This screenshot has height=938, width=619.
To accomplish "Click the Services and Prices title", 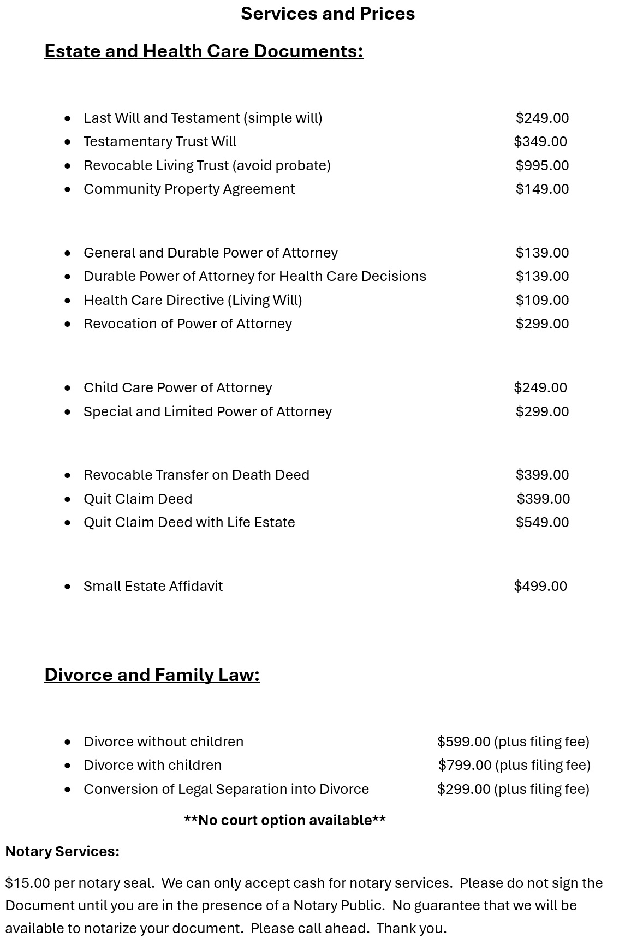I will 328,14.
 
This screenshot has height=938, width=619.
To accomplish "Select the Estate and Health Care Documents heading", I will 204,51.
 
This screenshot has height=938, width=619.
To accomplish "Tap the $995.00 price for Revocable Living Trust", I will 542,165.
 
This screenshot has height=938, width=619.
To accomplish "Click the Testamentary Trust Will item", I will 160,142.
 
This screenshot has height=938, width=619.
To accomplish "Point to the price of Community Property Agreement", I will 542,189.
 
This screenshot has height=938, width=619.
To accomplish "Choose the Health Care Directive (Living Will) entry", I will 193,301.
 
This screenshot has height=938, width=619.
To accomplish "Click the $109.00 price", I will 542,301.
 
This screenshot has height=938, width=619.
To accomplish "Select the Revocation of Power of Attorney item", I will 188,324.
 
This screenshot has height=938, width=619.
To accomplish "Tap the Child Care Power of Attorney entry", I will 177,388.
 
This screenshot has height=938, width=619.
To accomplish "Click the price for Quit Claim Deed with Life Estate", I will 542,523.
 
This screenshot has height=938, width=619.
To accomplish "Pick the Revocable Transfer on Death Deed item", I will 197,475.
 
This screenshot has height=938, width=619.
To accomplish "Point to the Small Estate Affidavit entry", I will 153,587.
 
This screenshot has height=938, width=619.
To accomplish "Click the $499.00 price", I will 540,587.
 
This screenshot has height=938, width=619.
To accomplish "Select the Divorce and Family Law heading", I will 152,675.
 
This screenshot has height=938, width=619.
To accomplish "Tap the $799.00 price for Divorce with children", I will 465,766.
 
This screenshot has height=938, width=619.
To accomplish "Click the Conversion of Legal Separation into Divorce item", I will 226,790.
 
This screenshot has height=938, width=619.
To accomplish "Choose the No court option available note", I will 285,821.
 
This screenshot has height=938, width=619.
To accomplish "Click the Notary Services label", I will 62,852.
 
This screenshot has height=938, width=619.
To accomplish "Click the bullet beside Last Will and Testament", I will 68,118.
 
